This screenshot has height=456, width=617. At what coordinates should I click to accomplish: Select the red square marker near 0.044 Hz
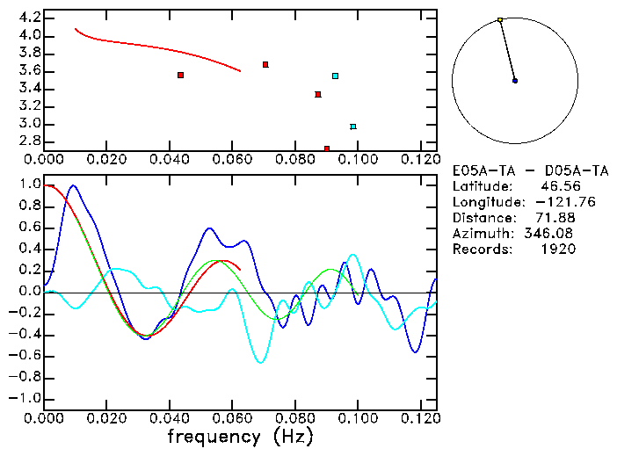click(180, 76)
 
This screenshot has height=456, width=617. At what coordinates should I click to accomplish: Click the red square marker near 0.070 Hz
click(265, 65)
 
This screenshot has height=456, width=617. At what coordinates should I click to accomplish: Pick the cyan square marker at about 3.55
click(335, 76)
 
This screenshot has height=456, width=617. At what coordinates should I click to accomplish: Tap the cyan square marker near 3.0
click(353, 127)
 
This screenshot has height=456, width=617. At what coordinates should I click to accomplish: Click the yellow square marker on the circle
click(500, 19)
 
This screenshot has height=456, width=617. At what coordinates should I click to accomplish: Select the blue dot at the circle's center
click(515, 81)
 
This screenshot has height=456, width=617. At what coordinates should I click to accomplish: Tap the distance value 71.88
click(555, 218)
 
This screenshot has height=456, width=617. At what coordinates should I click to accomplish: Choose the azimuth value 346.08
click(552, 234)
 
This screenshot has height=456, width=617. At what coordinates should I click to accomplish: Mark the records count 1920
click(559, 250)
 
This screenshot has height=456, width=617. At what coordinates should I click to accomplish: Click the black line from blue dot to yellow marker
click(507, 50)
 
